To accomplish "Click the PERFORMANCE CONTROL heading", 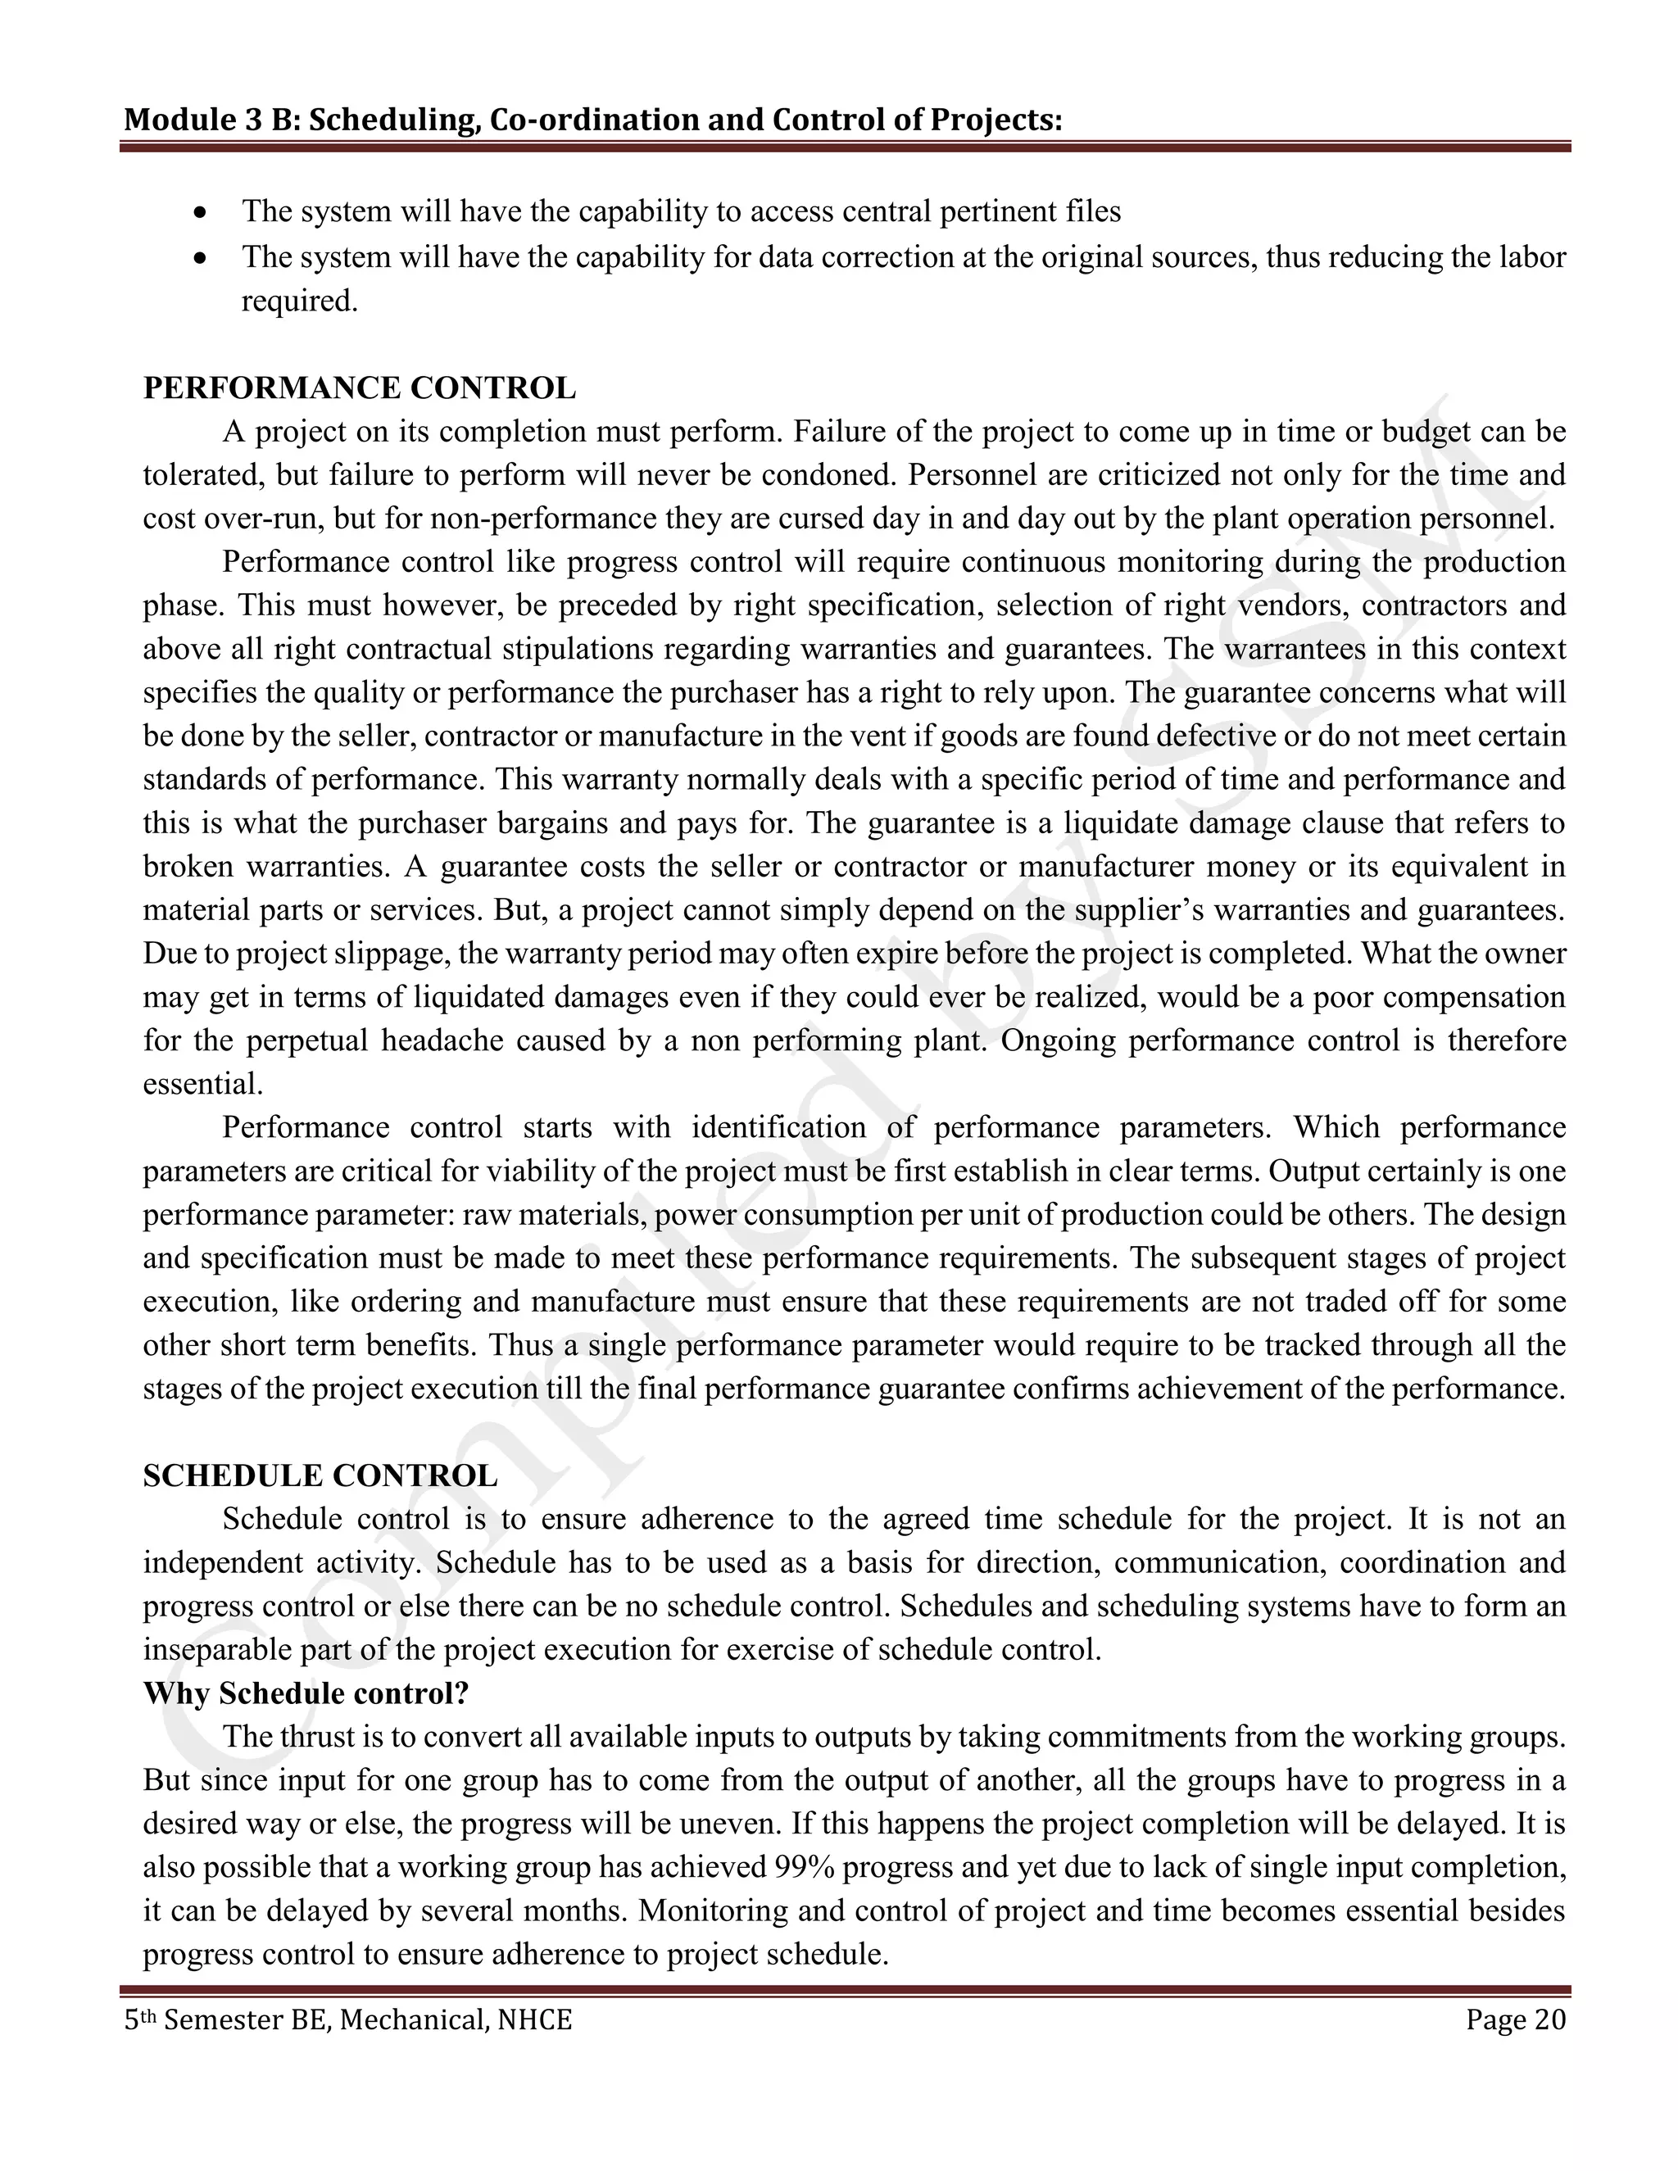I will tap(359, 388).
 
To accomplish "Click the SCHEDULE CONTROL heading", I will tap(320, 1475).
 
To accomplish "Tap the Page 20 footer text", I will tap(1515, 2020).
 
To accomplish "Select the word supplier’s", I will tap(1134, 909).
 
